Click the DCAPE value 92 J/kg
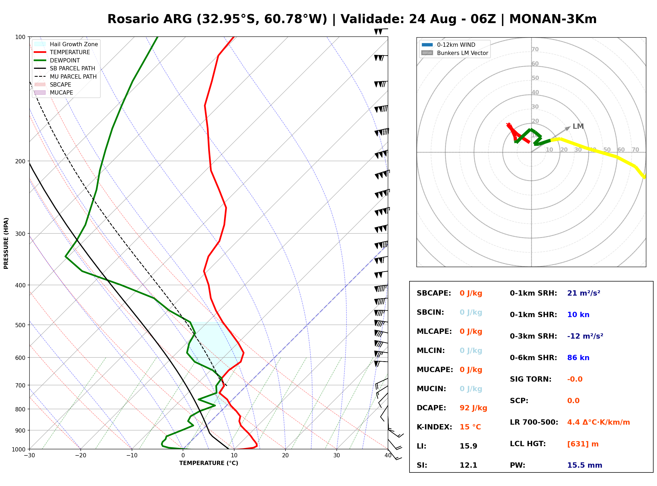coord(473,408)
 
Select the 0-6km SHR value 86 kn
coord(578,358)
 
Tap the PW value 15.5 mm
coord(585,465)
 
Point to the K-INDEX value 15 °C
coord(470,427)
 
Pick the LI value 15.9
coord(468,446)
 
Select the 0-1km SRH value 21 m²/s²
coord(584,293)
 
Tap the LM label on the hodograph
coord(578,126)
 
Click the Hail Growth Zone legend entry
coord(66,44)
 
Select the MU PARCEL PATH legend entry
coord(65,76)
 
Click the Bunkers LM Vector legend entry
coord(455,53)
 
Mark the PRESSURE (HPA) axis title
coord(6,243)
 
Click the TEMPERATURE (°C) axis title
coord(208,463)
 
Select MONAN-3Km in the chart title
coord(553,19)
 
